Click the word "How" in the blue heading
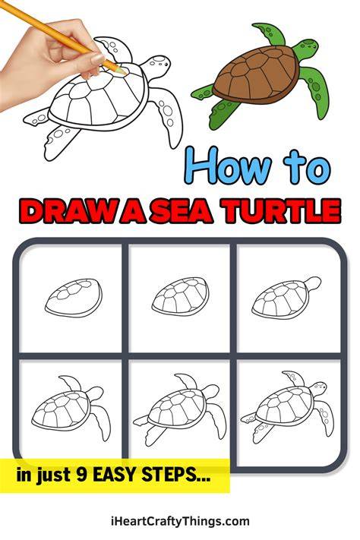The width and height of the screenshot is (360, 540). tap(226, 166)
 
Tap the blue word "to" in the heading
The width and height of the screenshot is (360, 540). tap(307, 169)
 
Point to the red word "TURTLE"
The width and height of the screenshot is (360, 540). tap(280, 210)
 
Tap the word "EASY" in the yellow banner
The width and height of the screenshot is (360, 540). tap(115, 475)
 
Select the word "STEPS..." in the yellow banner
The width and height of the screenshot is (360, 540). tap(176, 475)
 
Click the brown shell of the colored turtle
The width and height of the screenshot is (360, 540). tap(256, 75)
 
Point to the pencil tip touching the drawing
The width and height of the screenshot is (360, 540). tap(122, 71)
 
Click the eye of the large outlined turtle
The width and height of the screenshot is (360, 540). tap(166, 65)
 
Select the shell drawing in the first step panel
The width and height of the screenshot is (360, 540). tap(74, 298)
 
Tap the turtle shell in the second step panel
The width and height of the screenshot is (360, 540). tap(180, 296)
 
